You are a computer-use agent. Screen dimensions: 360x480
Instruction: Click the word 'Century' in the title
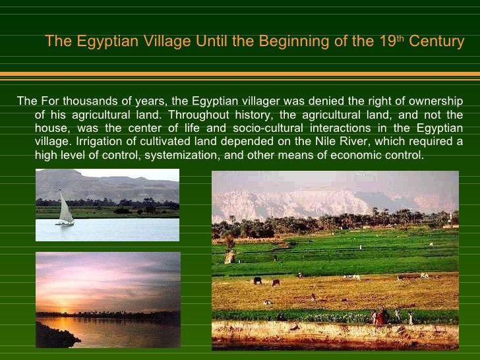(x=436, y=42)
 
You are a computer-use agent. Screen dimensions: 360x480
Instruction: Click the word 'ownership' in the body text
(x=433, y=101)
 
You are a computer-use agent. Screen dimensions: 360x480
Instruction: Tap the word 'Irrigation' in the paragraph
(x=101, y=142)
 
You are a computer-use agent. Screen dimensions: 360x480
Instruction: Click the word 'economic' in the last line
(x=360, y=156)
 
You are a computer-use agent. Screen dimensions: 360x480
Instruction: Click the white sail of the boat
(x=66, y=210)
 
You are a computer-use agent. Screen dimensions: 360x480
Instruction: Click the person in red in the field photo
(x=382, y=316)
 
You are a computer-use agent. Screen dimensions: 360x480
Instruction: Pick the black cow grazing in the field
(x=257, y=280)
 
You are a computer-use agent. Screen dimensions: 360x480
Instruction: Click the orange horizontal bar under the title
(x=240, y=74)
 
